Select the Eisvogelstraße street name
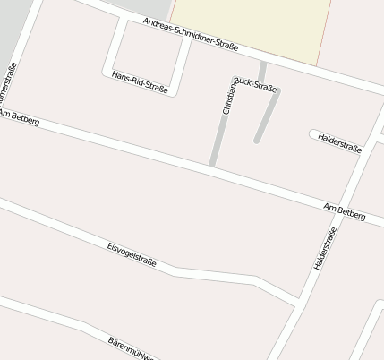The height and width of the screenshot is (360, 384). [x=132, y=253]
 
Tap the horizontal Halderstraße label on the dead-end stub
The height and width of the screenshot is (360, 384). [x=339, y=143]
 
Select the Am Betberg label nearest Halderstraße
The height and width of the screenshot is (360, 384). [x=345, y=213]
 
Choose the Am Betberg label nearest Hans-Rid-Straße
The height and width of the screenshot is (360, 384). [x=20, y=117]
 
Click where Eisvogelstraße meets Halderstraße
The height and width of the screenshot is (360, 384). [x=296, y=302]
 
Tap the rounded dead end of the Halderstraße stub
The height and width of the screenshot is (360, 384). [x=313, y=135]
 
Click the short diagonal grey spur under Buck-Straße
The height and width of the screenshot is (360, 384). [x=267, y=116]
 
